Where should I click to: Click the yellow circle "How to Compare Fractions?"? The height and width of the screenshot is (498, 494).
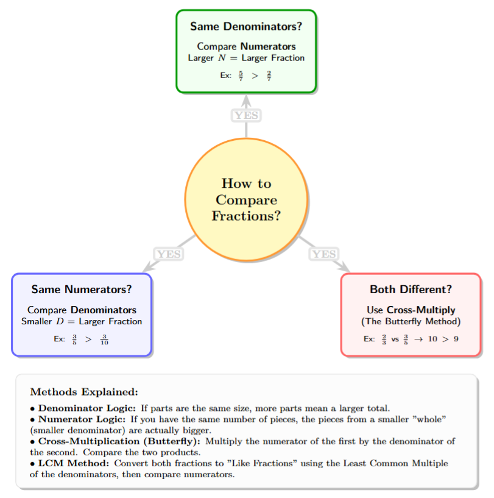click(x=246, y=200)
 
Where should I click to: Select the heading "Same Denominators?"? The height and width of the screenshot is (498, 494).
click(x=246, y=27)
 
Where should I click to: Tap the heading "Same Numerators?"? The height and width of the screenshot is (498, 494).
click(x=82, y=290)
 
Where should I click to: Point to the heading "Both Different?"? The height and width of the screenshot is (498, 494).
click(x=411, y=290)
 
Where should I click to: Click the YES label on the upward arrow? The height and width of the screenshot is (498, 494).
click(x=246, y=115)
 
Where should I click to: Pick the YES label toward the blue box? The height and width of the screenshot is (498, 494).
click(x=169, y=254)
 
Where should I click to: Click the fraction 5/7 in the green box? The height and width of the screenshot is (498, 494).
click(x=242, y=76)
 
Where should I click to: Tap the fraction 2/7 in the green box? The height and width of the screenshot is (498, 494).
click(x=269, y=76)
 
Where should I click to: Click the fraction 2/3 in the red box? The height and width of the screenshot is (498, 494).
click(x=384, y=339)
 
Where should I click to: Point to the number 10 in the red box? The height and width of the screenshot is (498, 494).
click(x=432, y=339)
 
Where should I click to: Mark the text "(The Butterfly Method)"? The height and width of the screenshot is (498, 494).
click(x=411, y=321)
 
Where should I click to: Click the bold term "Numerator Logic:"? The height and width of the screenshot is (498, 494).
click(x=82, y=419)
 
